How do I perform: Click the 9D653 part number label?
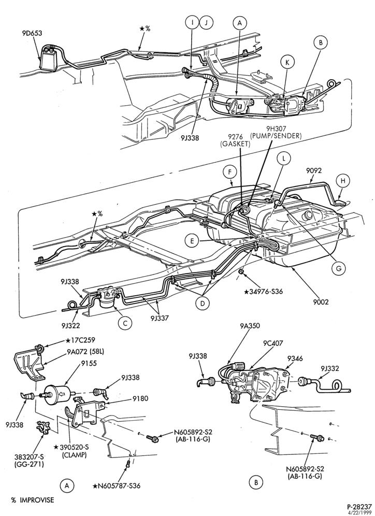point(32,33)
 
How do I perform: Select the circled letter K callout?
point(287,63)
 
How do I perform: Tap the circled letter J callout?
point(206,22)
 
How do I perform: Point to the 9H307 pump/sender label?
point(276,132)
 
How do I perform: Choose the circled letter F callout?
point(230,172)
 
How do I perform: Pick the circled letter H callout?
point(343,181)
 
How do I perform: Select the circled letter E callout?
point(192,241)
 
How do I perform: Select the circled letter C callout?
point(125,323)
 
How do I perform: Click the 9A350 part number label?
point(250,326)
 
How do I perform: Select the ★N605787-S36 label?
point(116,485)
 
